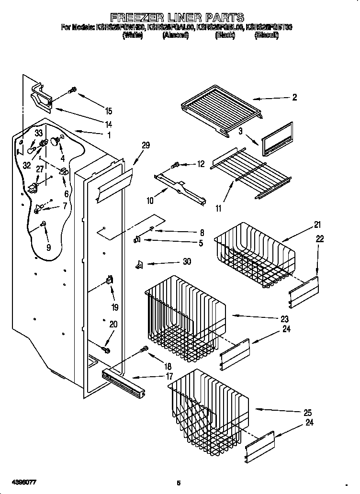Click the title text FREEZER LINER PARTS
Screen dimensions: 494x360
click(x=177, y=19)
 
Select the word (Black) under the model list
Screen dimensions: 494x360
click(x=224, y=35)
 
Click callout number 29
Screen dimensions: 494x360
click(x=146, y=146)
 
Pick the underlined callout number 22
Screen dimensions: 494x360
click(x=319, y=238)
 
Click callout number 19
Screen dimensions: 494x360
click(x=114, y=307)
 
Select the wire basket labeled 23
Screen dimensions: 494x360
click(x=184, y=316)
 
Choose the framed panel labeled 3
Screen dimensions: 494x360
click(x=276, y=139)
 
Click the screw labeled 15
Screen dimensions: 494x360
click(x=73, y=90)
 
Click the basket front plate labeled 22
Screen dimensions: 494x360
click(x=303, y=292)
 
